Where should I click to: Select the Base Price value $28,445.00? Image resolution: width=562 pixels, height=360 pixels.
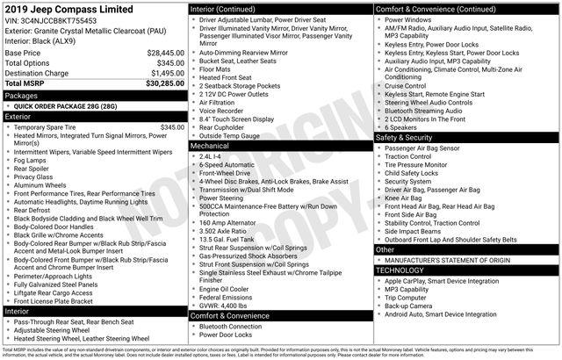tap(160, 53)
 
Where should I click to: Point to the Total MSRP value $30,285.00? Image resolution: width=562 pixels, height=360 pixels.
tap(160, 83)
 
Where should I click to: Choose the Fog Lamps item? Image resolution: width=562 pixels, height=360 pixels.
tap(32, 160)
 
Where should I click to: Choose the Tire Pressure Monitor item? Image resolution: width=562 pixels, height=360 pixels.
tap(419, 165)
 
